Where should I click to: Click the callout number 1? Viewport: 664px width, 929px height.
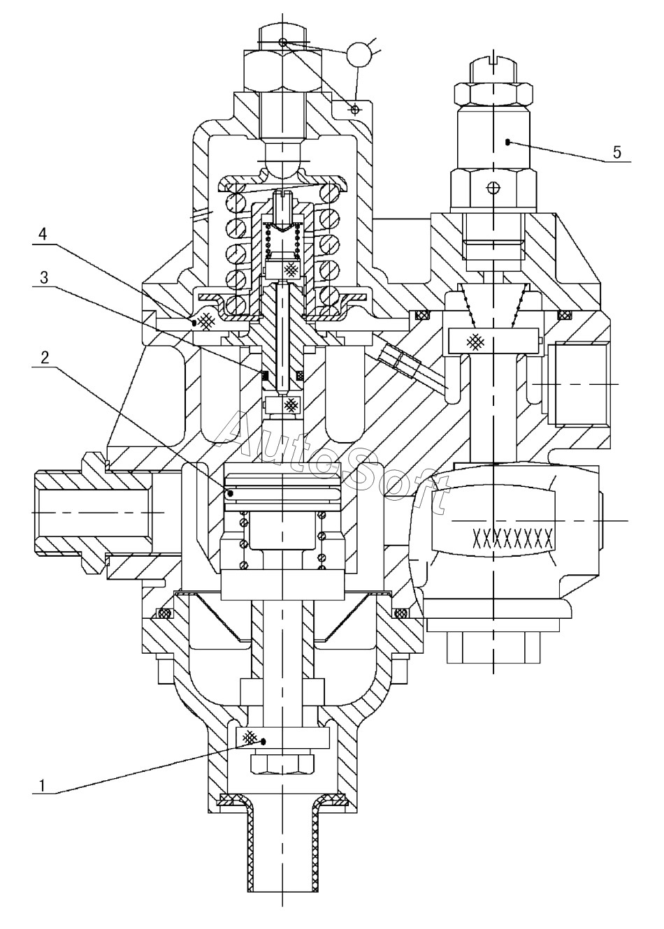click(41, 785)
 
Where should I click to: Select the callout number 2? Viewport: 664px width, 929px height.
click(45, 358)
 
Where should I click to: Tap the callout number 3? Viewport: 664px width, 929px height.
click(43, 278)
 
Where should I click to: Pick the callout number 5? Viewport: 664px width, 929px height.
click(616, 152)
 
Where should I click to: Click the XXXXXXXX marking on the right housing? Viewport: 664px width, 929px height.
click(513, 538)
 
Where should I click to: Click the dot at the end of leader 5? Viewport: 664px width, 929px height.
click(507, 142)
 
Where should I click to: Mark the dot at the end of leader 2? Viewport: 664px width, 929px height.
click(231, 493)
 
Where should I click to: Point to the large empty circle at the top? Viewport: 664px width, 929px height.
click(359, 54)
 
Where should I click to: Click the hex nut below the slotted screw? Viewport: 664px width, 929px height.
click(493, 94)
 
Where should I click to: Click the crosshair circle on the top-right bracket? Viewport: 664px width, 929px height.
click(355, 110)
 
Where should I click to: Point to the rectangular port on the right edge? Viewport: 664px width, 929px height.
click(579, 383)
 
